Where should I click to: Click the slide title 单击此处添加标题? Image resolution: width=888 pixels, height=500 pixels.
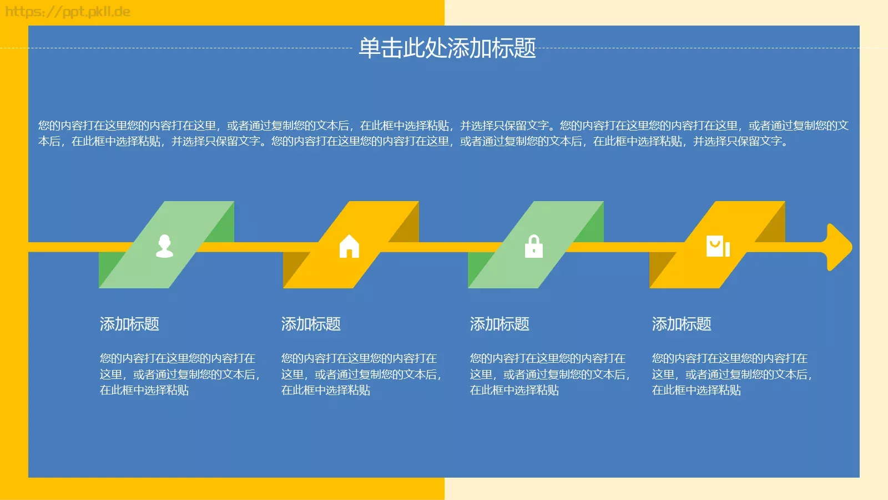click(447, 48)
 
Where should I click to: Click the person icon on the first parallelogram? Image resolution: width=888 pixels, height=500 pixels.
click(164, 246)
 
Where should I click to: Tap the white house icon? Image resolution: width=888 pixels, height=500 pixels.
click(349, 246)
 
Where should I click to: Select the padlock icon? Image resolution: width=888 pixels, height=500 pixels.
click(534, 247)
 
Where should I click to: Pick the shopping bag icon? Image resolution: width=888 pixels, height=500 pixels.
click(717, 246)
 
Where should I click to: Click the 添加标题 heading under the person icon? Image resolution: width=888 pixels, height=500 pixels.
click(129, 324)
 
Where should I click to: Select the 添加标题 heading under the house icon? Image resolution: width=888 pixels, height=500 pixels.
click(311, 324)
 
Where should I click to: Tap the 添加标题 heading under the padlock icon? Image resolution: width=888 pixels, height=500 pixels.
click(500, 324)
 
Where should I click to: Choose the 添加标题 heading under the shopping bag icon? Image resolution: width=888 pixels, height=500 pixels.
click(682, 324)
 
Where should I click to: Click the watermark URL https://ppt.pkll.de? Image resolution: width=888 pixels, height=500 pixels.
click(68, 12)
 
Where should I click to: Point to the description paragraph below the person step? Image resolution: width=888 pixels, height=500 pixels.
click(179, 374)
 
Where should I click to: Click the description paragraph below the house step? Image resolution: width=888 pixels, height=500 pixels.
click(361, 374)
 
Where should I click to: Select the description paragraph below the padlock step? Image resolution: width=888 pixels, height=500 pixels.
click(549, 374)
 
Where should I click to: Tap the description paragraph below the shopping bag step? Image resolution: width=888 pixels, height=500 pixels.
click(731, 374)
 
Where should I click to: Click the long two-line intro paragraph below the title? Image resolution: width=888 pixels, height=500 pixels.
click(443, 133)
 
